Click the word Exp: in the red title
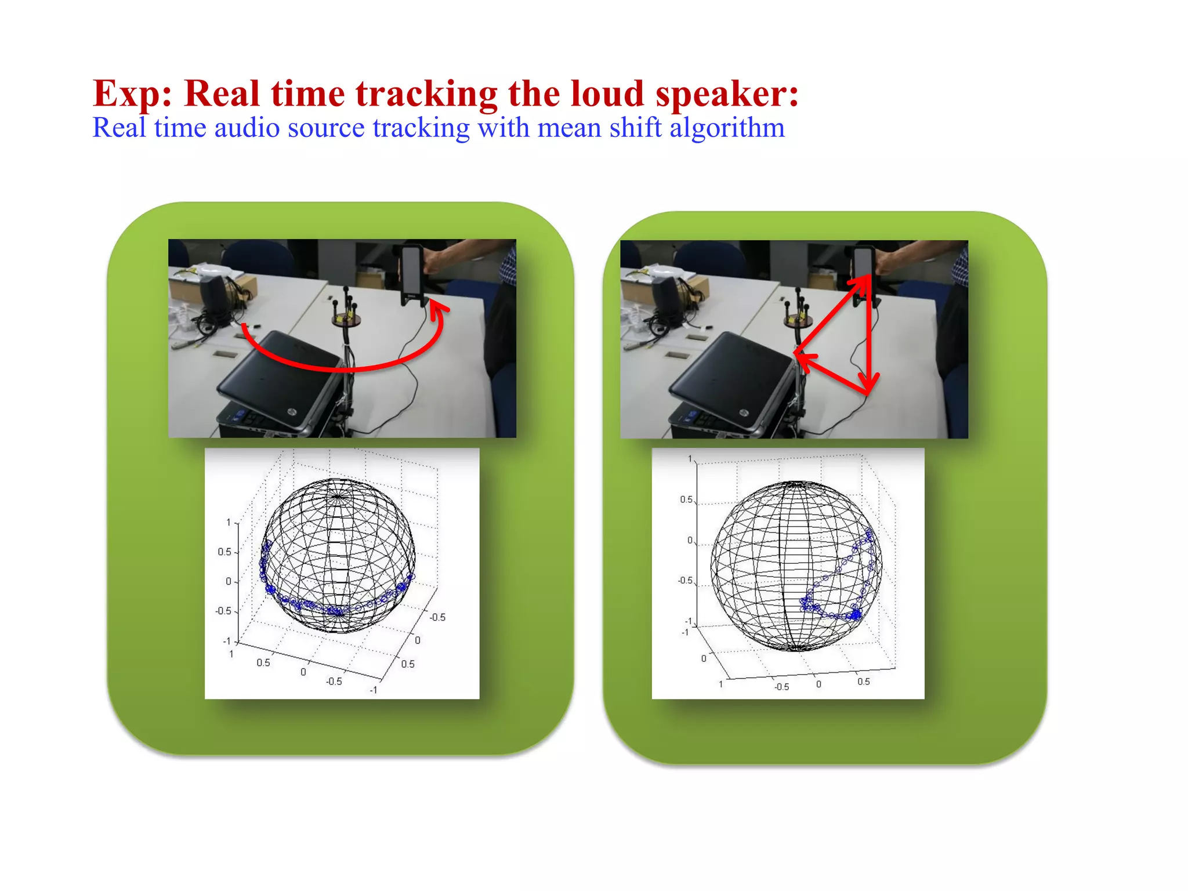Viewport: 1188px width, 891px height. [132, 94]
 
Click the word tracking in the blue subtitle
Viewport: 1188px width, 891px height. [421, 128]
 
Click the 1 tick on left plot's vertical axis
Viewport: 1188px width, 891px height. [228, 523]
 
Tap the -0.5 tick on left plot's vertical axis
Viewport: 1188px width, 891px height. [223, 611]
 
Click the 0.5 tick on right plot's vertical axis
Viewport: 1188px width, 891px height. [686, 499]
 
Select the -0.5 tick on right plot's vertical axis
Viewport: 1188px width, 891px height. [684, 581]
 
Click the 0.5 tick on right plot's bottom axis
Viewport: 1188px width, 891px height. [863, 682]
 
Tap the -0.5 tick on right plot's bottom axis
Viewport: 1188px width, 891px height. [781, 687]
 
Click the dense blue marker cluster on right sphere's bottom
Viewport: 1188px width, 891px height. [855, 614]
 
